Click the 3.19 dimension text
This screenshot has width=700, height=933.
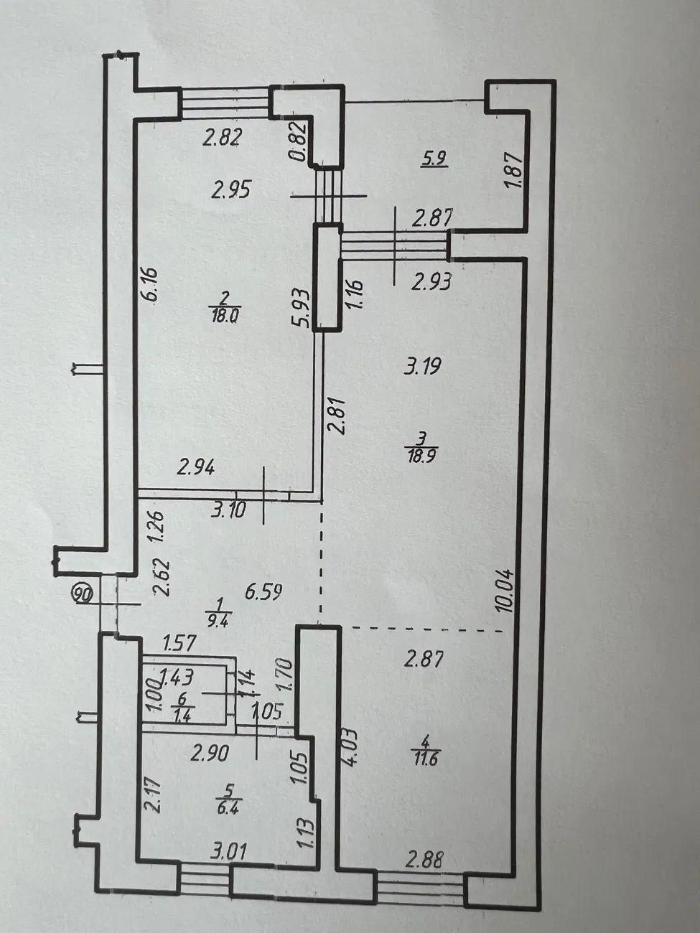click(423, 366)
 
